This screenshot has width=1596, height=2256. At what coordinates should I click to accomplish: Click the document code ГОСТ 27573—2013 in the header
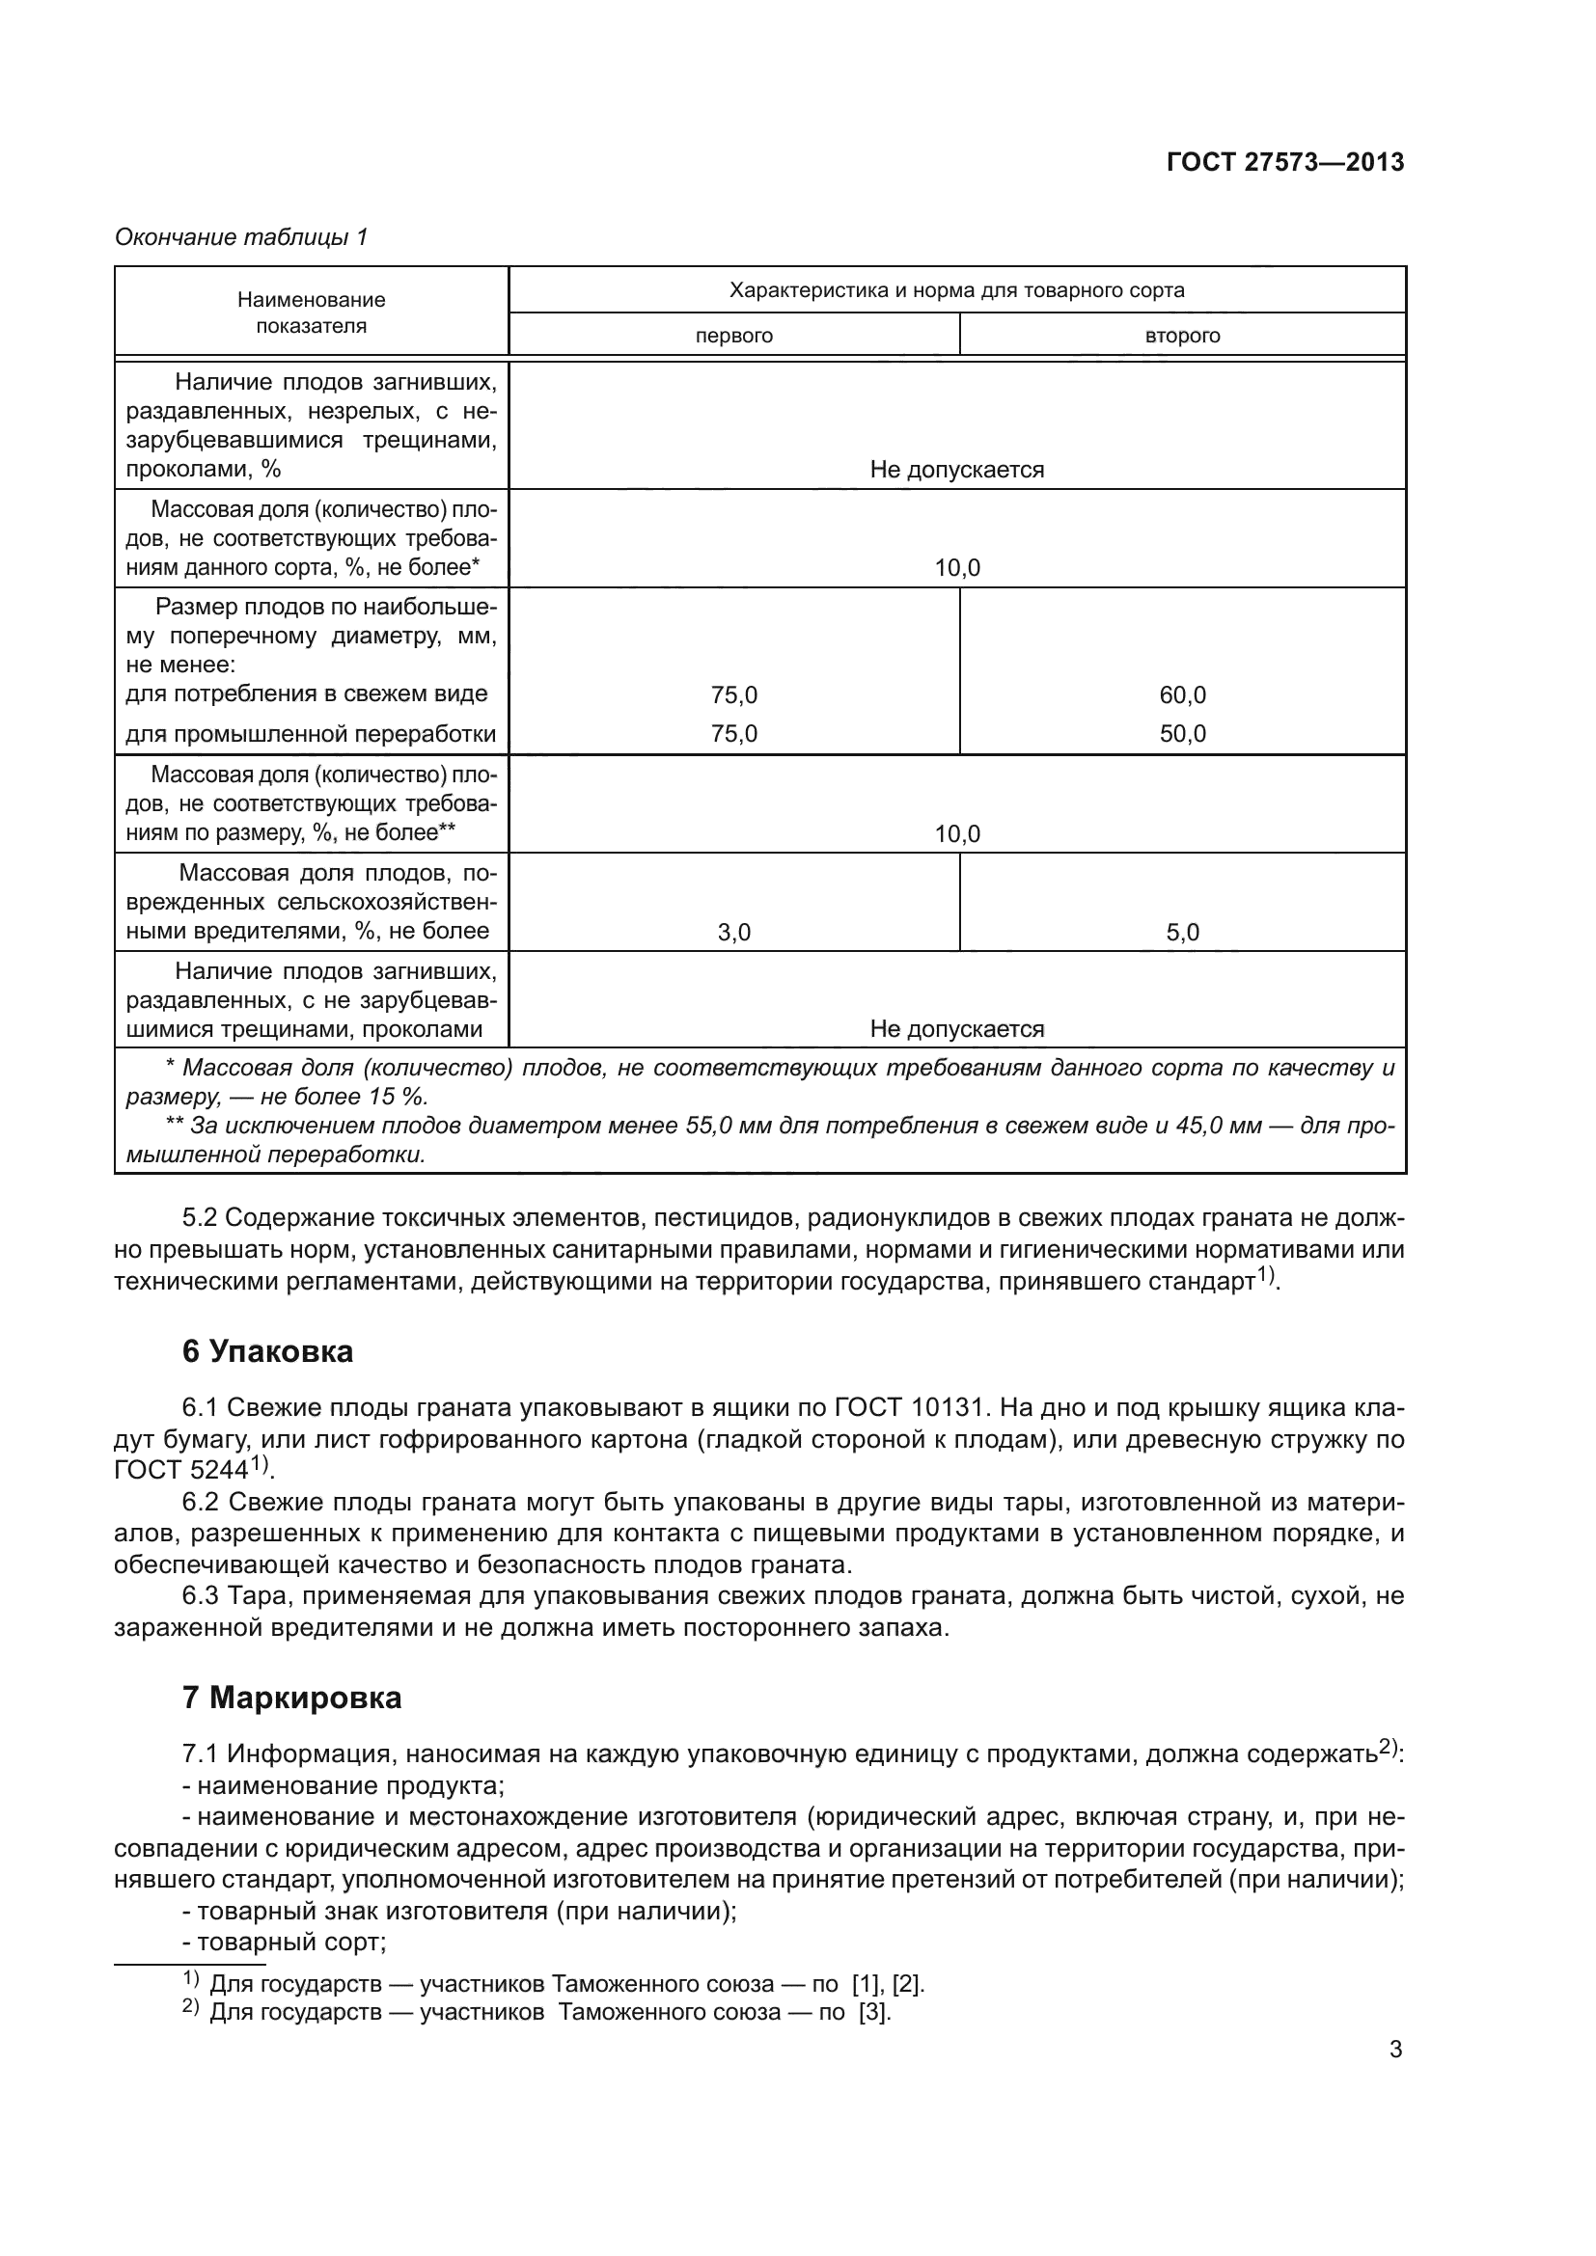(1284, 162)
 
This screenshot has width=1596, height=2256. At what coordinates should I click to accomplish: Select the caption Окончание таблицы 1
(241, 237)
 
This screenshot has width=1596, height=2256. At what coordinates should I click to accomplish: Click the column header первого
(733, 336)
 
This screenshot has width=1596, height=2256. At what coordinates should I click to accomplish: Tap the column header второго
(1182, 336)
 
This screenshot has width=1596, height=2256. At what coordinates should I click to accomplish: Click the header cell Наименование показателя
(311, 313)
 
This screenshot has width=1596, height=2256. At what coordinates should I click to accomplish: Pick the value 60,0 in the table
(1182, 695)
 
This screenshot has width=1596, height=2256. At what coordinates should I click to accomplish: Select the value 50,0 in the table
(1182, 734)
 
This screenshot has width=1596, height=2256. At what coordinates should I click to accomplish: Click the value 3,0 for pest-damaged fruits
(733, 933)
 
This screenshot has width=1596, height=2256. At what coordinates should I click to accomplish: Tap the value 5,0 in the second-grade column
(1182, 933)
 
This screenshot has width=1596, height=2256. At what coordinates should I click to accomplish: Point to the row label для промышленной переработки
(311, 734)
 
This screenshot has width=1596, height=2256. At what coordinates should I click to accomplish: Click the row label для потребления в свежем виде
(307, 693)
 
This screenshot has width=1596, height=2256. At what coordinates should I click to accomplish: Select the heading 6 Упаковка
(267, 1352)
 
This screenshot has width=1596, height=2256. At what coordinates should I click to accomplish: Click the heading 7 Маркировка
(291, 1698)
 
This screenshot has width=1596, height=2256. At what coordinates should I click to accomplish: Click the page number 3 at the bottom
(1395, 2050)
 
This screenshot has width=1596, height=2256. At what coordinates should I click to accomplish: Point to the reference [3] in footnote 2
(873, 2011)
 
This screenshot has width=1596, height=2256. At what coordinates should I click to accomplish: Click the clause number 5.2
(200, 1218)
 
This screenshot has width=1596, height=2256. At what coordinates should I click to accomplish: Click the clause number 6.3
(200, 1596)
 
